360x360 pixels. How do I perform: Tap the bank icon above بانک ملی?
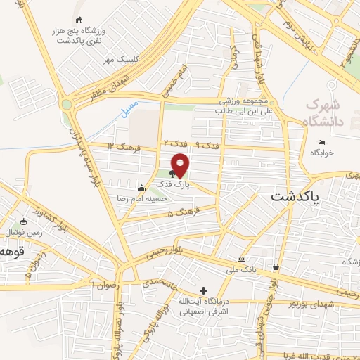tap(242, 259)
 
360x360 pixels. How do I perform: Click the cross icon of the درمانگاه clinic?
tap(203, 290)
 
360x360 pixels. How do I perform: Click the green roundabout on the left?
tap(67, 105)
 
